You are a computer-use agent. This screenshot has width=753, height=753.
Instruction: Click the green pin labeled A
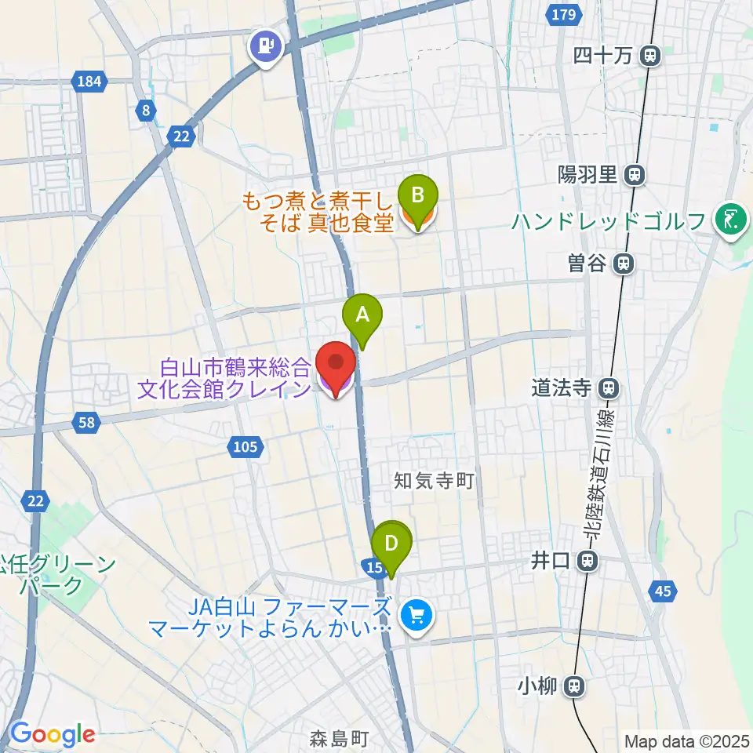click(362, 315)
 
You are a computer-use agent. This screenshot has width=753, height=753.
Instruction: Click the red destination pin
click(336, 364)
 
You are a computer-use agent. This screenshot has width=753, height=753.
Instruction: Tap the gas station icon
click(267, 46)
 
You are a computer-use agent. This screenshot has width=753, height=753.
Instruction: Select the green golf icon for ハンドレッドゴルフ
click(731, 220)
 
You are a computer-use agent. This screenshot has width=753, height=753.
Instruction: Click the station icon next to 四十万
click(649, 56)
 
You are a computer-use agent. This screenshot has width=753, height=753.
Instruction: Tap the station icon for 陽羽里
click(635, 175)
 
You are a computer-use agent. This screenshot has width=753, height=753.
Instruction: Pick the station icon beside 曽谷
click(624, 264)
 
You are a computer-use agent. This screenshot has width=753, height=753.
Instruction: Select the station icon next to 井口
click(586, 560)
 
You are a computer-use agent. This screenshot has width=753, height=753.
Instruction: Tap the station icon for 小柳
click(575, 686)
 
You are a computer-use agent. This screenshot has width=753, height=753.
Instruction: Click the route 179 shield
click(567, 15)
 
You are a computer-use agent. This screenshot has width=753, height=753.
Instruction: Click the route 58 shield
click(86, 423)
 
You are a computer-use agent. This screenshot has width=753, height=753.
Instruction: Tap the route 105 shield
click(244, 447)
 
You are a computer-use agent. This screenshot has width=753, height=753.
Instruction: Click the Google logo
click(53, 734)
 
